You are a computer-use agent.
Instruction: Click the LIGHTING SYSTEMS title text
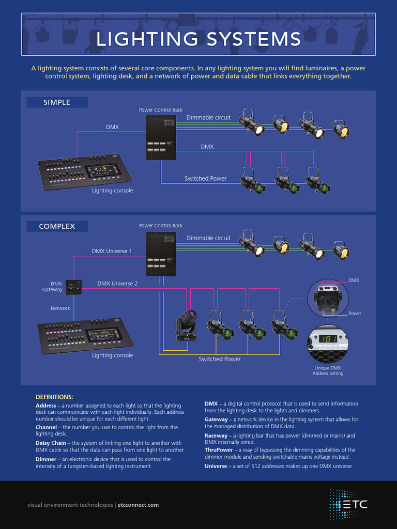[x=198, y=39]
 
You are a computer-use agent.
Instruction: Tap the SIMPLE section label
[x=57, y=102]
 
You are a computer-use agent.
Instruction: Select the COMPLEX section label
[x=57, y=226]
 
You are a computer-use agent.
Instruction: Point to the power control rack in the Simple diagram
[x=161, y=137]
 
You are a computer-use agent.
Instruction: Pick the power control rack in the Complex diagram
[x=161, y=254]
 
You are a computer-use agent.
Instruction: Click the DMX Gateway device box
[x=73, y=287]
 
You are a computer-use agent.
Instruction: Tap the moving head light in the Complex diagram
[x=186, y=324]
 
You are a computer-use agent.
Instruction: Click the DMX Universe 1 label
[x=112, y=251]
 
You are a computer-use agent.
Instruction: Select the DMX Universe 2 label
[x=117, y=284]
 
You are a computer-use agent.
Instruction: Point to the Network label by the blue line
[x=60, y=308]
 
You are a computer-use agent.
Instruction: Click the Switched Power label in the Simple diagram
[x=205, y=179]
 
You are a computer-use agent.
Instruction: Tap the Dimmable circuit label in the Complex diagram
[x=208, y=238]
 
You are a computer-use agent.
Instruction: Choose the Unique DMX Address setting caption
[x=328, y=371]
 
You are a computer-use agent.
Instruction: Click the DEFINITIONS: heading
[x=54, y=397]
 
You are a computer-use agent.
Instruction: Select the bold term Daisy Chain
[x=51, y=443]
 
